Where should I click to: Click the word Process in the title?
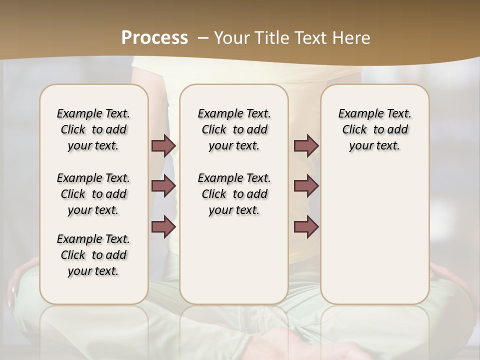tap(154, 38)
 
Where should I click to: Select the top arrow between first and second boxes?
tap(163, 146)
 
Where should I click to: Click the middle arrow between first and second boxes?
tap(163, 186)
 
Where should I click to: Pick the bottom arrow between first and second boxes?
tap(163, 226)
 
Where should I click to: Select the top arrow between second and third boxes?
tap(306, 146)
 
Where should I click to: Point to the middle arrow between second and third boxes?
tap(306, 186)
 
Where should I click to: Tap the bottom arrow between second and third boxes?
tap(306, 226)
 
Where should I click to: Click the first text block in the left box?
tap(93, 129)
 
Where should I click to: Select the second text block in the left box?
tap(93, 194)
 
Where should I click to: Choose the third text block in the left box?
tap(93, 255)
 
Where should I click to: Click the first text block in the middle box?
tap(234, 129)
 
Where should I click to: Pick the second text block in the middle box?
tap(234, 194)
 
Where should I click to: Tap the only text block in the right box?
tap(374, 129)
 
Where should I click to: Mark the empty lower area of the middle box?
tap(234, 260)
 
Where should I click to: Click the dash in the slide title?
tap(203, 38)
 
